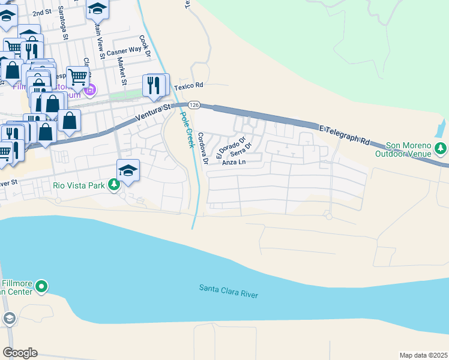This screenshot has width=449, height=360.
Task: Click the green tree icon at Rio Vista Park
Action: click(114, 185)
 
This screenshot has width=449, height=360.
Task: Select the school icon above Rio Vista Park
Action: click(128, 170)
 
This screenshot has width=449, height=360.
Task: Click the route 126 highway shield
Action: click(193, 104)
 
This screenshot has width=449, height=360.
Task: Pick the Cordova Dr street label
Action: click(202, 148)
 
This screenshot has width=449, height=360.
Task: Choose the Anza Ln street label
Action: click(234, 162)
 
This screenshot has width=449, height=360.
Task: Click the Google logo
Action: click(20, 353)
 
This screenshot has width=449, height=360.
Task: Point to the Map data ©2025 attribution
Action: click(423, 355)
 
